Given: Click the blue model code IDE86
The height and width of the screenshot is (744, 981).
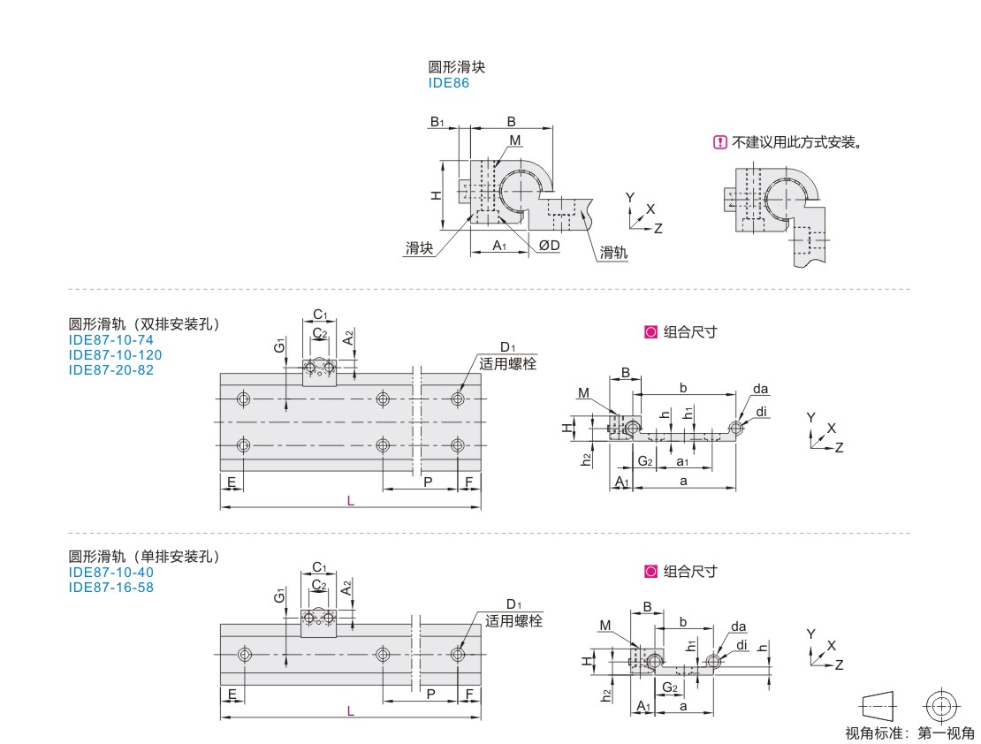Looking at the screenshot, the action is (448, 83).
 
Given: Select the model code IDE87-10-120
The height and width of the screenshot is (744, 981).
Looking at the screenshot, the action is (115, 355).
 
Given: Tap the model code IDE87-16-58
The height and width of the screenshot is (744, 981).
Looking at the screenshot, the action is (110, 587).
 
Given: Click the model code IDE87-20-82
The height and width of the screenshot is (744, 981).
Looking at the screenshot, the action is (110, 370).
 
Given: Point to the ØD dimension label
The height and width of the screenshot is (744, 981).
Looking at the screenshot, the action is (550, 246).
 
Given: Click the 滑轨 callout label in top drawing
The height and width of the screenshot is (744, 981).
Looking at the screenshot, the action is (613, 252).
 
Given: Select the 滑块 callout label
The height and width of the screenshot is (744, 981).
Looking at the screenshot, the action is (419, 247).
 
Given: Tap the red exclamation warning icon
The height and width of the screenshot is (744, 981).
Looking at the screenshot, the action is (720, 142).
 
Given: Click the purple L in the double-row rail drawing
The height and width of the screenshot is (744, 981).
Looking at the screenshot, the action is (350, 501).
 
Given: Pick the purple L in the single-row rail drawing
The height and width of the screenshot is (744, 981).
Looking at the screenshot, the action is (350, 710).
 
